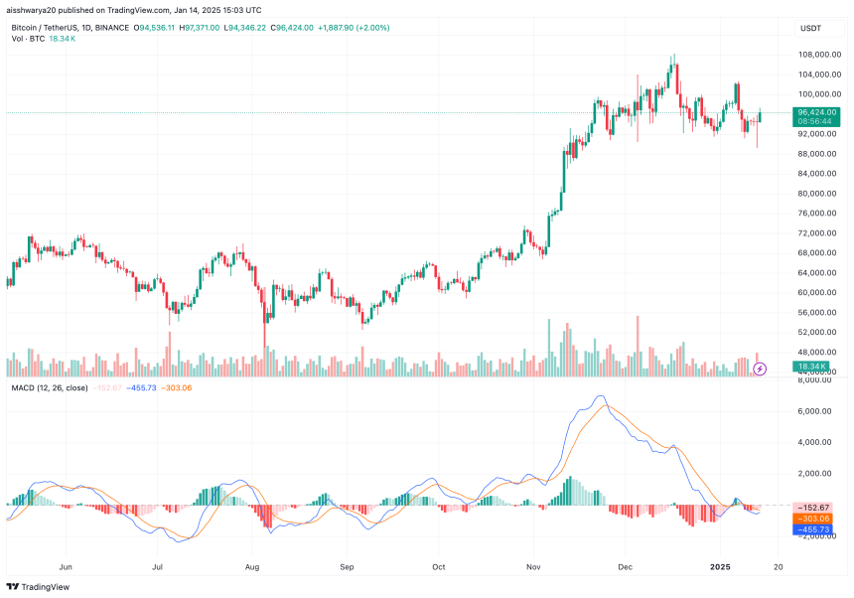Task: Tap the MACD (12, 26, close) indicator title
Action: (50, 387)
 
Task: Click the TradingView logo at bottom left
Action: (33, 587)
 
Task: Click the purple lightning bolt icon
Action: (760, 369)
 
